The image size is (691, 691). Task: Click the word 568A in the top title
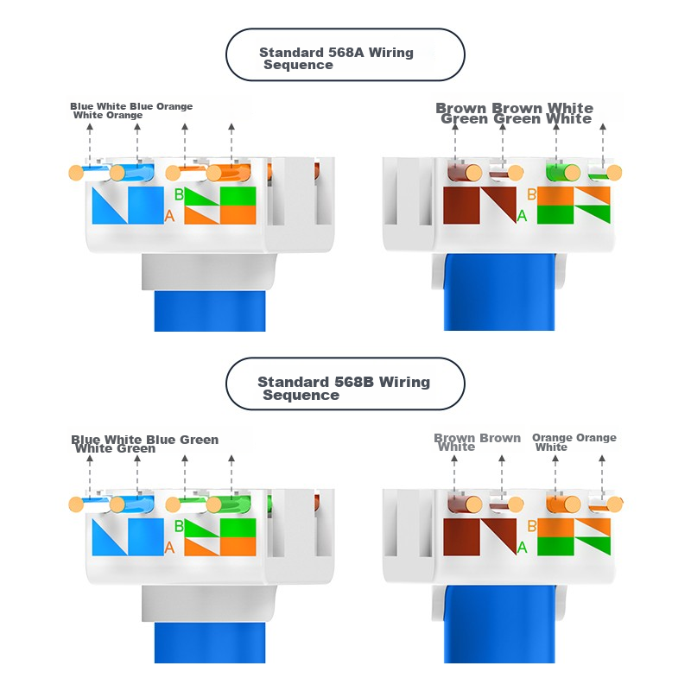[347, 53]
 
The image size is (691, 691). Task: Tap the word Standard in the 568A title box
[294, 53]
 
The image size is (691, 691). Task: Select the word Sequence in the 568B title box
[301, 395]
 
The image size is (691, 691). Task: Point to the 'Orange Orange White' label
[574, 441]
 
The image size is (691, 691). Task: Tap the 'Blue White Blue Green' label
[144, 444]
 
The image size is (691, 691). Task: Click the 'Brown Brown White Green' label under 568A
[515, 113]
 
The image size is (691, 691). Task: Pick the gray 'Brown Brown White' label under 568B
[477, 441]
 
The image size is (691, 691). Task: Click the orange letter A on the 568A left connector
[169, 216]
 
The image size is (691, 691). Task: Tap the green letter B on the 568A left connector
[179, 195]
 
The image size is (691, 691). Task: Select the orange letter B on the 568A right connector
[531, 195]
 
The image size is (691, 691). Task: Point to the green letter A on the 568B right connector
[522, 547]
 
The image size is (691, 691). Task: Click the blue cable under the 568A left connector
[210, 311]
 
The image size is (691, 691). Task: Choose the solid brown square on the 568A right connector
[460, 206]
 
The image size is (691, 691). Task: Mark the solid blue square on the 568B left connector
[145, 537]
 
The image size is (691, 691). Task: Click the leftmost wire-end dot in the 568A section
[75, 173]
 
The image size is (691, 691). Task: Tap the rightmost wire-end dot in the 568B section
[615, 504]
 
